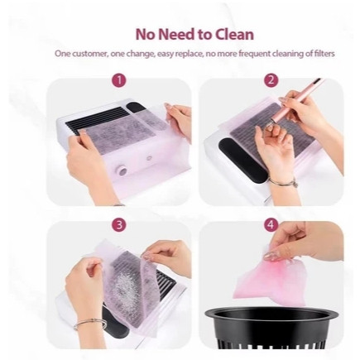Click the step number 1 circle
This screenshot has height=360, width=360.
click(119, 80)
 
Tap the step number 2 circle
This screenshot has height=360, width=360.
click(271, 80)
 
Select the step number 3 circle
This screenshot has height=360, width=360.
click(119, 225)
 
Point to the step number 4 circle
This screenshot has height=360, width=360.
click(271, 225)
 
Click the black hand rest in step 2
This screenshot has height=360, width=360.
click(241, 156)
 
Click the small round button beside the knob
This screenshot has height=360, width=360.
click(149, 159)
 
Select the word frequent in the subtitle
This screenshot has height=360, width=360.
click(254, 54)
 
